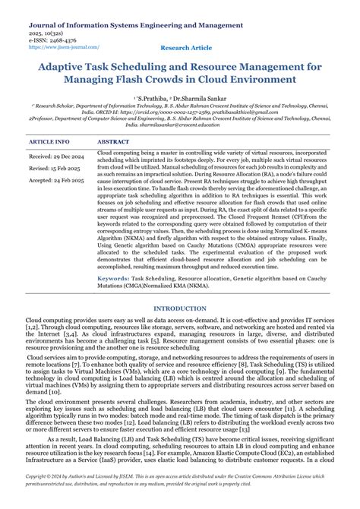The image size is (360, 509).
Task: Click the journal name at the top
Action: [x=125, y=24]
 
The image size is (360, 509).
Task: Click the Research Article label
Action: [x=187, y=47]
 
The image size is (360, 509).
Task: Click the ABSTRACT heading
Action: [x=113, y=142]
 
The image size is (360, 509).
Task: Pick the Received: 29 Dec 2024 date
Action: [x=55, y=156]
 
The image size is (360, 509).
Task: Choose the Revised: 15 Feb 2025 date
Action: [x=54, y=168]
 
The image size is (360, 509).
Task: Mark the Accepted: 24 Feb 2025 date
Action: [x=55, y=181]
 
